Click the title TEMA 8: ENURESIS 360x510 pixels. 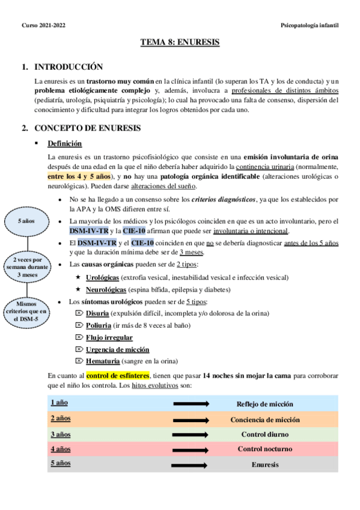180,43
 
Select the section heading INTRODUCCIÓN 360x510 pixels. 69,67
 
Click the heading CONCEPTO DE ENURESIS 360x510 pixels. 88,128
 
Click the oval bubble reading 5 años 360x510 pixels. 26,221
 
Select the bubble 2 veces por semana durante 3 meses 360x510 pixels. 26,266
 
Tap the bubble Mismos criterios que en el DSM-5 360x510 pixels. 26,312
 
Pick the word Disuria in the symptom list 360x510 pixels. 97,313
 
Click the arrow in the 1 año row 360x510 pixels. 190,404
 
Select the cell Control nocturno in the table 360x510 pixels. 264,449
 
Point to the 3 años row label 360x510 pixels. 60,433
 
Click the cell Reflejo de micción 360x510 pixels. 264,404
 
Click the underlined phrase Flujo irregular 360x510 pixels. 109,337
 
